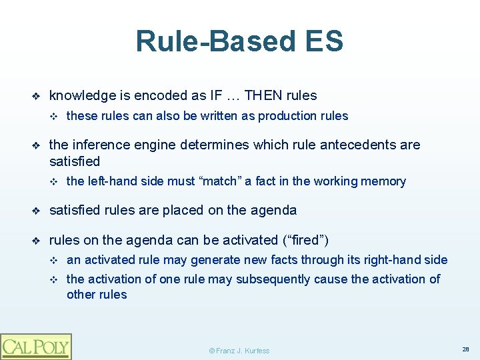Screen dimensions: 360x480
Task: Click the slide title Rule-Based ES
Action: tap(239, 41)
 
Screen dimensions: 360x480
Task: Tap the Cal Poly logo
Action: tap(36, 346)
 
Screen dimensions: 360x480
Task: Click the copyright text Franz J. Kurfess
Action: tap(239, 350)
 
